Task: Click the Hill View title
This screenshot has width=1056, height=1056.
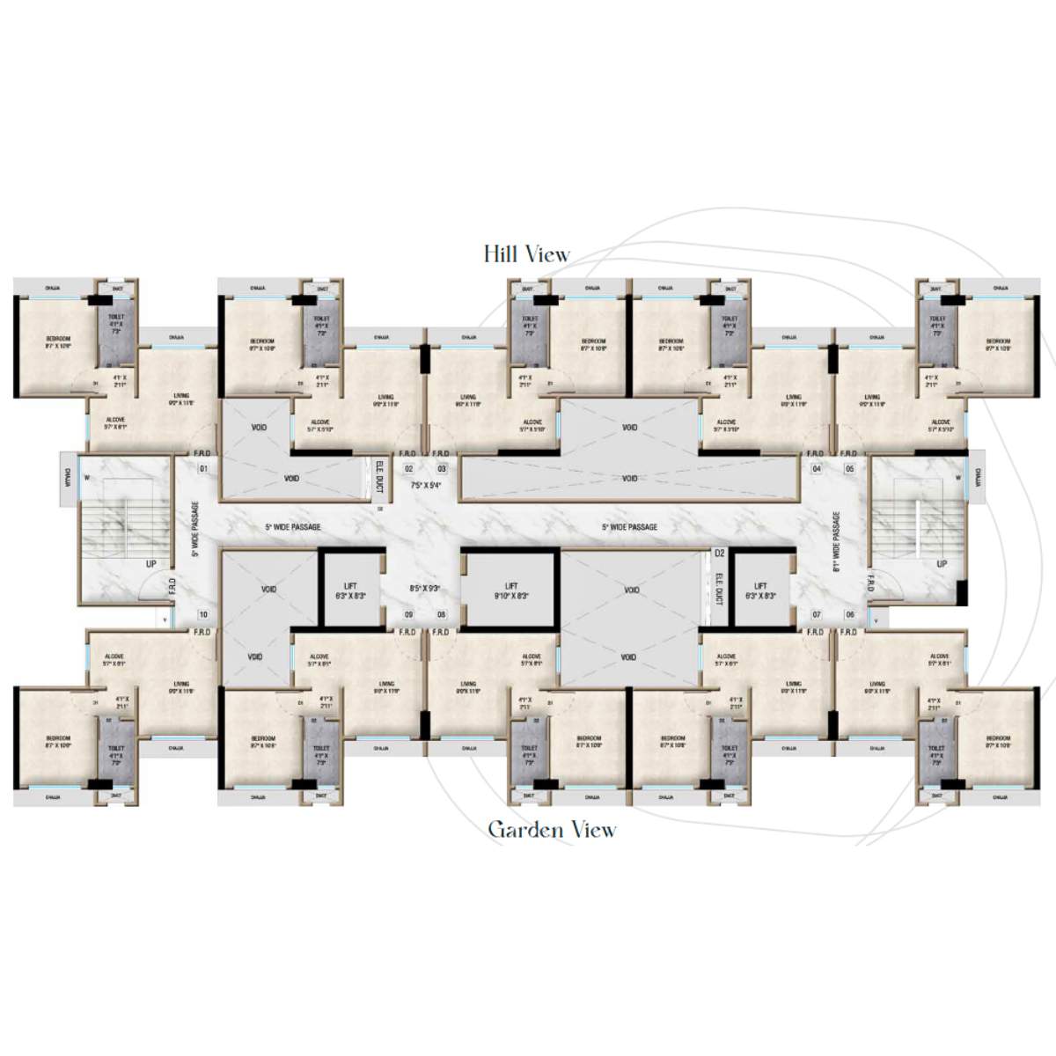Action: [526, 254]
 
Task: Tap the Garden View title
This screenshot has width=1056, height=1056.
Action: [552, 830]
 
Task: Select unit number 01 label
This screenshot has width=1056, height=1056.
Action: [202, 469]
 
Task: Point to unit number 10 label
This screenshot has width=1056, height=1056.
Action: [203, 615]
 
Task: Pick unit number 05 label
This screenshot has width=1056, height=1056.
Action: [850, 469]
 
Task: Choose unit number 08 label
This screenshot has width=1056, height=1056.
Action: [441, 615]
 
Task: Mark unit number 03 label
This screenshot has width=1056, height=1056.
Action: [442, 469]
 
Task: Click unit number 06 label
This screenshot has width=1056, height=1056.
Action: [850, 615]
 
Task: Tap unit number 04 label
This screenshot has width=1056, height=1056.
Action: [817, 469]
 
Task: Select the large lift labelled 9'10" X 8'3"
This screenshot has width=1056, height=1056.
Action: [511, 590]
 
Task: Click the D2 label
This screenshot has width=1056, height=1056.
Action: [719, 554]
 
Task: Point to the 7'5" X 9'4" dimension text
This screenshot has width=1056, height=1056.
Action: [426, 485]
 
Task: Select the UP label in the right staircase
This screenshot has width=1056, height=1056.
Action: [942, 563]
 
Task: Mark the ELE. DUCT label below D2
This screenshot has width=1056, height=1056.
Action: [719, 589]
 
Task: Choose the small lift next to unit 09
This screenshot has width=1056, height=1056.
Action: [350, 590]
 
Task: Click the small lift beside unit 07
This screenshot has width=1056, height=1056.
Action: [760, 590]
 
